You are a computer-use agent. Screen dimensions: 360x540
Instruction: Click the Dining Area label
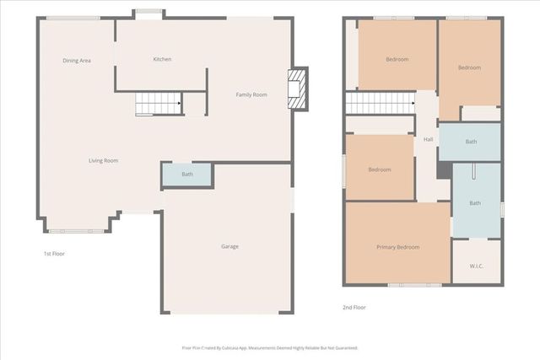[x=77, y=61]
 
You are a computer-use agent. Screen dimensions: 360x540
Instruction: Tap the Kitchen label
[x=162, y=59]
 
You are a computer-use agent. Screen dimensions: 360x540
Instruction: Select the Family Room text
[x=251, y=94]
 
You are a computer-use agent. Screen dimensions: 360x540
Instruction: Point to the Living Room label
[x=104, y=160]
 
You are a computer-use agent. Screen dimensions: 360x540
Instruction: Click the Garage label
[x=229, y=246]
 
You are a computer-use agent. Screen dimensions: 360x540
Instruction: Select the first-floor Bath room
[x=186, y=175]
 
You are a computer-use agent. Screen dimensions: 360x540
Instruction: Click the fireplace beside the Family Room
[x=297, y=89]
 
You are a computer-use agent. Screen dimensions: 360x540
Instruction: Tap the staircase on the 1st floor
[x=158, y=104]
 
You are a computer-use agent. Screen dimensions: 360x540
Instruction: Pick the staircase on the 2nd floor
[x=380, y=103]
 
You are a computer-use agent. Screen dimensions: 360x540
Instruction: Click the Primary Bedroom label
[x=397, y=247]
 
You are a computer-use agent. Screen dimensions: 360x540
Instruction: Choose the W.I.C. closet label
[x=477, y=266]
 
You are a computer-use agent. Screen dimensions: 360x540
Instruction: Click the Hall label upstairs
[x=428, y=139]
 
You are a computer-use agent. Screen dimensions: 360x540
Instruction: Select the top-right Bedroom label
[x=469, y=67]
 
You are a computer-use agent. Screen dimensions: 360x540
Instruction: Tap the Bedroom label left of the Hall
[x=380, y=169]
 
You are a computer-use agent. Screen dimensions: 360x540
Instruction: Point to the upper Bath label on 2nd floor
[x=471, y=142]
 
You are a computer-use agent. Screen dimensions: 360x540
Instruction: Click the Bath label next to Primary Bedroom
[x=474, y=202]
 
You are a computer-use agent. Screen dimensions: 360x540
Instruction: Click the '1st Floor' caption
[x=54, y=253]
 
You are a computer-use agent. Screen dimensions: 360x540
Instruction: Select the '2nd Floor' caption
[x=354, y=308]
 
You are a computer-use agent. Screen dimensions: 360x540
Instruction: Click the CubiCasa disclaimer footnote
[x=270, y=347]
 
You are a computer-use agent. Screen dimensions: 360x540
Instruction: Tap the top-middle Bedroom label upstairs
[x=397, y=59]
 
